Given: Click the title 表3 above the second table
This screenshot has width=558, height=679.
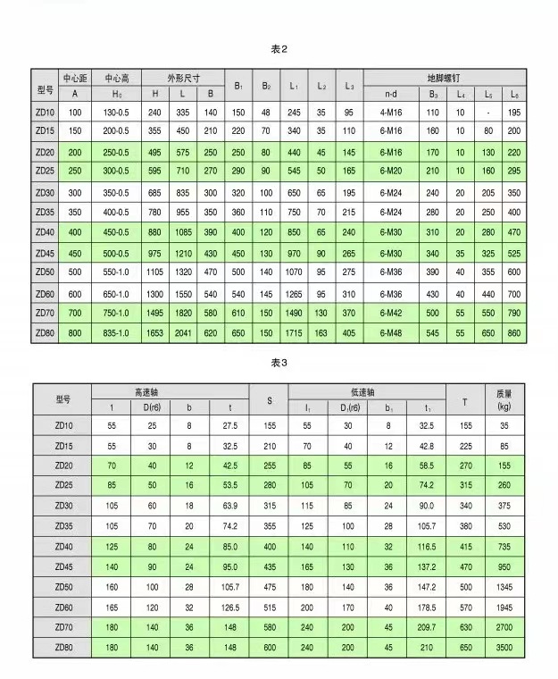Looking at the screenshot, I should click(x=279, y=364).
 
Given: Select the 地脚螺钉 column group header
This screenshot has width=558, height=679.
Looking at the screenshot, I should click(x=445, y=78).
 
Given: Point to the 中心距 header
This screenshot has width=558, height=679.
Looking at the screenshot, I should click(x=75, y=78).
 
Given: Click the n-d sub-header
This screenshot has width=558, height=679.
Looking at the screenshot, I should click(x=391, y=93).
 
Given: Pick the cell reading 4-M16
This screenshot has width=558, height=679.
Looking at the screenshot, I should click(x=391, y=113).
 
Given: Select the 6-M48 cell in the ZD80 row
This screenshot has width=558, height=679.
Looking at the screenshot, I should click(x=391, y=332).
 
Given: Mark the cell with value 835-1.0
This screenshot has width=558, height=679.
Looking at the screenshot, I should click(x=116, y=332).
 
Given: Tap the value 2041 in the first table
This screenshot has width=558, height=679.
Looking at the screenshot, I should click(x=183, y=332).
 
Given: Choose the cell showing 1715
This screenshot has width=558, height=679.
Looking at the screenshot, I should click(x=294, y=332).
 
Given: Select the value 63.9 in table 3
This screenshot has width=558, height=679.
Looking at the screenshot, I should click(x=229, y=505).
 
